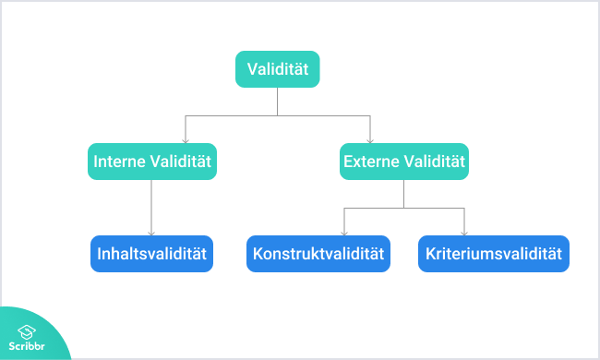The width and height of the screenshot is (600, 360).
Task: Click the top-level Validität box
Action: (x=278, y=69)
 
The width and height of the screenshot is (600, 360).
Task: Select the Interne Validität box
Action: (x=151, y=162)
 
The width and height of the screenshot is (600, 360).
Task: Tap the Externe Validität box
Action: (x=403, y=162)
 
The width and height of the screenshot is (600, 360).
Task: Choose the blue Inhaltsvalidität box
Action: (x=151, y=253)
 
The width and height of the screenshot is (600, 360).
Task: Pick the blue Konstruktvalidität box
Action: (x=318, y=253)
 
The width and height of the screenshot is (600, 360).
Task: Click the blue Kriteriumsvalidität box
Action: (x=493, y=253)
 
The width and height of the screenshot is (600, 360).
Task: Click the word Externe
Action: (x=373, y=162)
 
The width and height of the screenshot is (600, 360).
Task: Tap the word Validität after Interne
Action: (x=182, y=162)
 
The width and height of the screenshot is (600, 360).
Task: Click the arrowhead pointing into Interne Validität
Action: (x=186, y=139)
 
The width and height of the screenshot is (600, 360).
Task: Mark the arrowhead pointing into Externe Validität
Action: (x=370, y=139)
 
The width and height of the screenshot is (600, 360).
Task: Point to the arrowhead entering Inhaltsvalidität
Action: (x=151, y=233)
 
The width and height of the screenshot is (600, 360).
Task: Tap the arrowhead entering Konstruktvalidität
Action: (x=344, y=233)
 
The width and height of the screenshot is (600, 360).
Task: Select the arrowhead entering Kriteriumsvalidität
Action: (x=463, y=233)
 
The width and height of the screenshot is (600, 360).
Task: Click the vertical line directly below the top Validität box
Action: (x=278, y=102)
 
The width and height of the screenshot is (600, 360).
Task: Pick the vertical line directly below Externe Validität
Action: (x=403, y=193)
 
